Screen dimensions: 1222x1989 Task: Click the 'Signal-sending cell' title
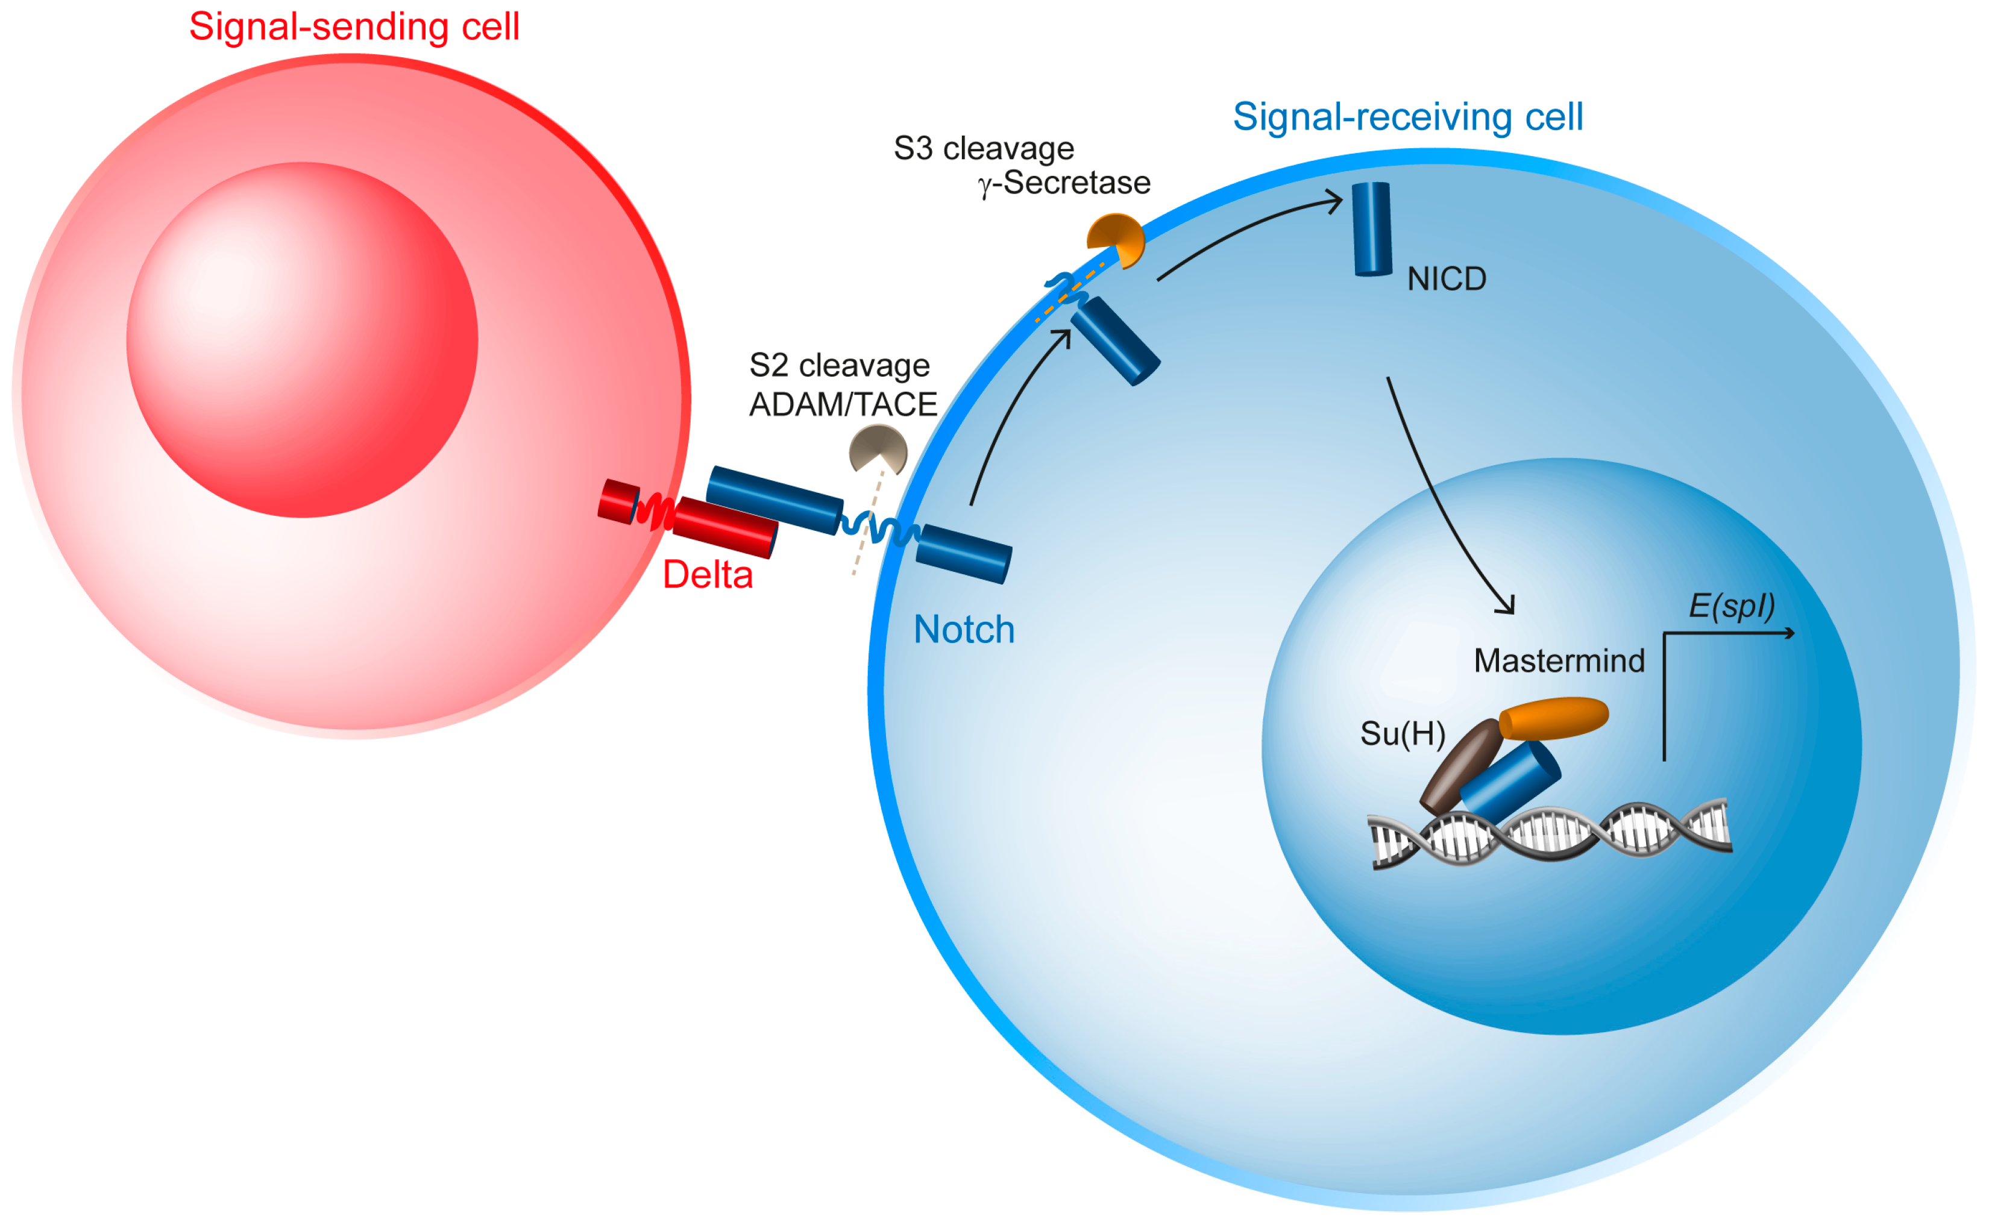coord(354,27)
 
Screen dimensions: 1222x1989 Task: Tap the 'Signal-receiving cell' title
coord(1407,117)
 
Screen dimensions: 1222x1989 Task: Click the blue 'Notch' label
coord(963,630)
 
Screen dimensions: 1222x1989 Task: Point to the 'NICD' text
coord(1446,280)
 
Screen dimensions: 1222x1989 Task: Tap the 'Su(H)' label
coord(1402,734)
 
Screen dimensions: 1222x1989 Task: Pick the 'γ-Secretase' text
coord(1064,183)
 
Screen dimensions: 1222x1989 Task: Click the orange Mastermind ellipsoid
coord(1553,718)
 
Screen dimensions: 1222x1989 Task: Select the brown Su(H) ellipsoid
coord(1460,766)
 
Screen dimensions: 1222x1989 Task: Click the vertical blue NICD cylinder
coord(1372,230)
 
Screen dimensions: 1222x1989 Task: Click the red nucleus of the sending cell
coord(301,339)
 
